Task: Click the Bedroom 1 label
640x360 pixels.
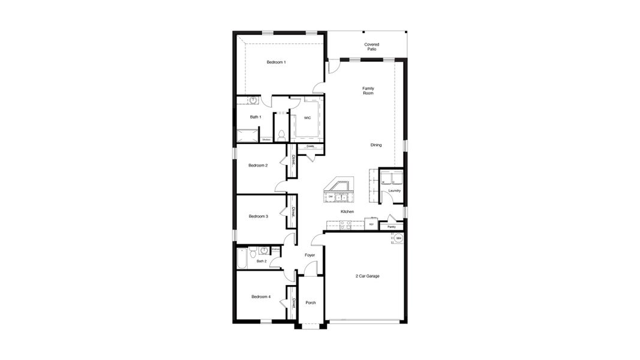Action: click(x=276, y=62)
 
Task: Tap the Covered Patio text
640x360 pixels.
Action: click(x=372, y=46)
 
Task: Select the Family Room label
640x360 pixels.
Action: click(x=368, y=91)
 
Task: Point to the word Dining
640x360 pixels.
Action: click(x=375, y=145)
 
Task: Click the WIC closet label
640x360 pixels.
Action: click(x=307, y=118)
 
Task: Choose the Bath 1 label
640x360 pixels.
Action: click(x=255, y=117)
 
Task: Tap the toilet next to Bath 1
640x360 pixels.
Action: click(x=281, y=134)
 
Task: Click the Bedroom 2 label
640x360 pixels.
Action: click(x=258, y=165)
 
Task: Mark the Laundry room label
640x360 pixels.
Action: click(x=394, y=191)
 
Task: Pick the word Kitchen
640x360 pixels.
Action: click(x=347, y=212)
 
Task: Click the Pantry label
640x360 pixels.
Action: click(x=391, y=227)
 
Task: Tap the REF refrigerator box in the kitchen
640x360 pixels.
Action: click(x=371, y=224)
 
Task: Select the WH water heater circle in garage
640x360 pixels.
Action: click(x=398, y=238)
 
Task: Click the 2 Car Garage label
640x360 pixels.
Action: click(x=367, y=276)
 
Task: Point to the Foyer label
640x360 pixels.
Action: click(x=310, y=255)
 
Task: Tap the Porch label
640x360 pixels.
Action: click(x=311, y=302)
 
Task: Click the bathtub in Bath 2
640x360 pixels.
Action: click(x=242, y=258)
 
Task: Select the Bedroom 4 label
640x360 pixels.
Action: click(x=261, y=296)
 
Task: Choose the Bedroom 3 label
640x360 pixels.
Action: click(x=258, y=216)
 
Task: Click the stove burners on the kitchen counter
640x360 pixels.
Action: click(x=345, y=224)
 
